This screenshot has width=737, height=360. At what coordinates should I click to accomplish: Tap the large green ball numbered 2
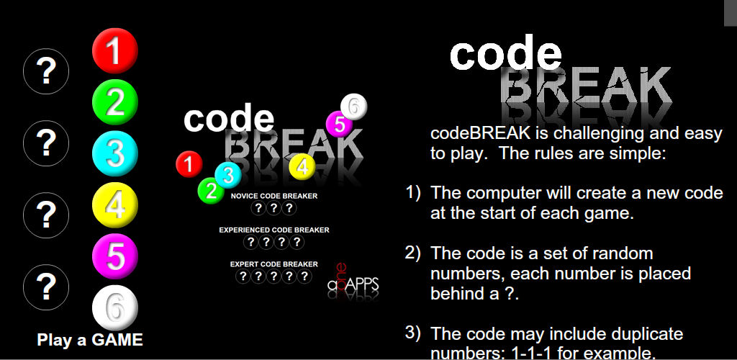115,104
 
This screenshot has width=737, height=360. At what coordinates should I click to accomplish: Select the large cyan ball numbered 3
115,153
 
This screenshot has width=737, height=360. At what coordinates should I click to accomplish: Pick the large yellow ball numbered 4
115,205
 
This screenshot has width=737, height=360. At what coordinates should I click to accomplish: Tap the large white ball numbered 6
115,307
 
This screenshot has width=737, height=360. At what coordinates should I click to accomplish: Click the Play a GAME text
90,340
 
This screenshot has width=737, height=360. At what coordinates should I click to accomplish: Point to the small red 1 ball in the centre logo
189,165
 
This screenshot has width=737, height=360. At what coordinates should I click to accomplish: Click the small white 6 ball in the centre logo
353,107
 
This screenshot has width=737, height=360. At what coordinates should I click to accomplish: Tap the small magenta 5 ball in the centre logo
339,124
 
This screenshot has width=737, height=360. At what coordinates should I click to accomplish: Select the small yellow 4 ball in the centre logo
302,166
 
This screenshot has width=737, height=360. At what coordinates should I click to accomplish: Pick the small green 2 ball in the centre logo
211,191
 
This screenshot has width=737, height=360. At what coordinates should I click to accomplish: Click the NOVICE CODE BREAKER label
274,196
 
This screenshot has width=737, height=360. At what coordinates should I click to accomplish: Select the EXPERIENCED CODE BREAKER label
274,230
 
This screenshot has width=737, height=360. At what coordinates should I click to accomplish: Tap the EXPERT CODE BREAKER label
274,264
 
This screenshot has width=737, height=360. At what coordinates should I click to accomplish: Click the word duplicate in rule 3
642,334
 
